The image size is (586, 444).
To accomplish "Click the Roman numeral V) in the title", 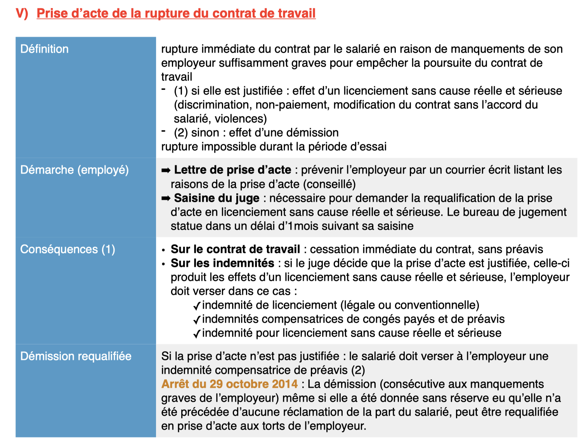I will click(22, 13).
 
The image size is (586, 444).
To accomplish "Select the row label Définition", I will click(44, 49).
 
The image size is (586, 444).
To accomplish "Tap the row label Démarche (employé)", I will click(74, 170).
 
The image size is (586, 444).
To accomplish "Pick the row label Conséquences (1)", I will click(68, 249).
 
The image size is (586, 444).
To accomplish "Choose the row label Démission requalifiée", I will click(76, 356).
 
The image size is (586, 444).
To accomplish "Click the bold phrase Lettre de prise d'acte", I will click(232, 170).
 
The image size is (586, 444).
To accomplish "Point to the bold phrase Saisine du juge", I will click(217, 198).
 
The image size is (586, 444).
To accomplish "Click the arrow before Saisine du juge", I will click(166, 198).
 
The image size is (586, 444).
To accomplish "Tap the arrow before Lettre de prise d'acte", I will click(166, 170).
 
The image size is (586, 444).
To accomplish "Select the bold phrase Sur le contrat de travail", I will click(235, 249).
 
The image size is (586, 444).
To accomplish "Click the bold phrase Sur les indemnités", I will click(222, 263).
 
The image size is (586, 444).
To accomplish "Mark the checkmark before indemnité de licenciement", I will click(197, 306).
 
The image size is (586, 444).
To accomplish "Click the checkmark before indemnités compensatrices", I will click(197, 320).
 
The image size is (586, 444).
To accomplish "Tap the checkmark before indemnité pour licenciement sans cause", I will click(197, 334).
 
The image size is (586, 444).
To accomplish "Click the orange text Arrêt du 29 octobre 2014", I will click(229, 384).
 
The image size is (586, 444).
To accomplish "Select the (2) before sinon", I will click(181, 133).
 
